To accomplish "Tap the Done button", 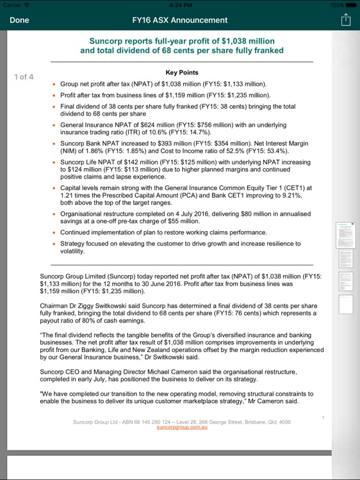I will click(x=19, y=20).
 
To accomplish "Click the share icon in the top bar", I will click(x=346, y=20).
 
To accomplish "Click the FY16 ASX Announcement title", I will click(x=179, y=20).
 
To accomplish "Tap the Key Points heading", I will click(x=182, y=73).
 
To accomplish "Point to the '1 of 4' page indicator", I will click(x=24, y=77).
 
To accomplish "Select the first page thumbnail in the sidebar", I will click(x=346, y=236).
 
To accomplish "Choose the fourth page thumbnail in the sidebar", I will click(x=346, y=304).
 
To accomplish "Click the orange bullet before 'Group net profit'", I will click(x=53, y=84).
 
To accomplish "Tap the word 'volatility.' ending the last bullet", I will click(x=72, y=252).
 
